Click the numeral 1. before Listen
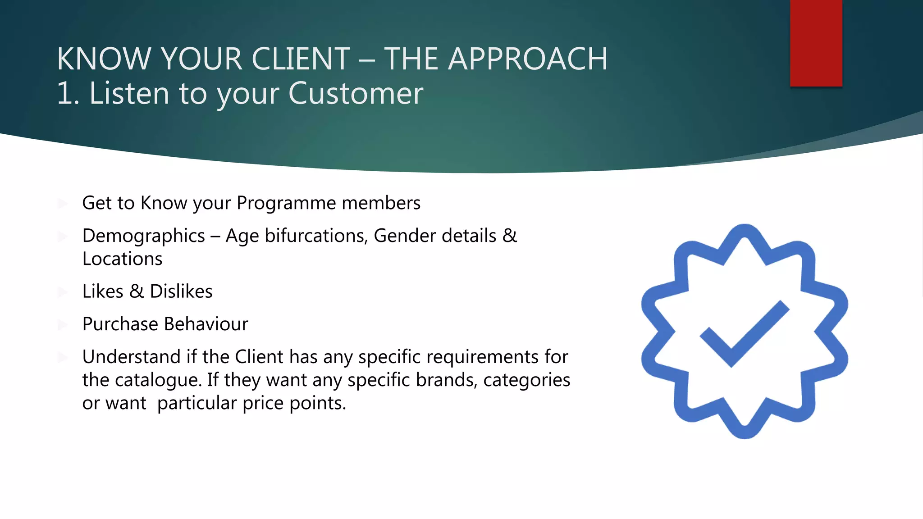coord(68,94)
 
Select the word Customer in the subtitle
coord(356,94)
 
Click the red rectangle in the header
coord(816,43)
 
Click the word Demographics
coord(143,236)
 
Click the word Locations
coord(122,259)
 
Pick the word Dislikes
coord(181,291)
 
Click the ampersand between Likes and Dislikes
coord(137,291)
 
